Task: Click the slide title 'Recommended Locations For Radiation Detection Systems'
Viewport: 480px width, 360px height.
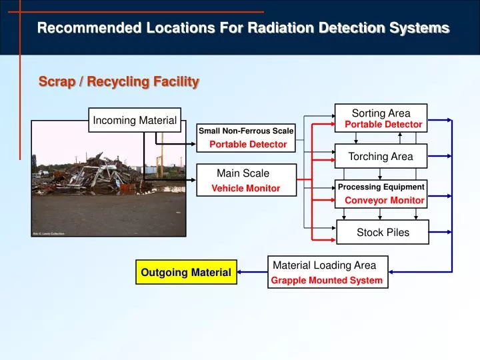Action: pyautogui.click(x=243, y=28)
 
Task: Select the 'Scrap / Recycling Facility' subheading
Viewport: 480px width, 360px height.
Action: pyautogui.click(x=119, y=82)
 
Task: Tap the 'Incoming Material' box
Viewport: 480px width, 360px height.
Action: pyautogui.click(x=135, y=121)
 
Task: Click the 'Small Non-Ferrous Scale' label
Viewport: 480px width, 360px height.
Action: pyautogui.click(x=246, y=131)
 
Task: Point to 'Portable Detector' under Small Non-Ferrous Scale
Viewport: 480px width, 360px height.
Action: pyautogui.click(x=248, y=144)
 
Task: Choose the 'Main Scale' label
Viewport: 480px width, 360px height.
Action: pyautogui.click(x=243, y=173)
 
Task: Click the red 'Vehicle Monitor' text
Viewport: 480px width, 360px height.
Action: pyautogui.click(x=245, y=189)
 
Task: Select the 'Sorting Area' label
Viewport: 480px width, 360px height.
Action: pyautogui.click(x=381, y=113)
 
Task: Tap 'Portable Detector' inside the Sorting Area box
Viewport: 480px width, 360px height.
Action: pyautogui.click(x=383, y=125)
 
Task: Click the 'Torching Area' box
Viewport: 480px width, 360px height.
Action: pyautogui.click(x=381, y=157)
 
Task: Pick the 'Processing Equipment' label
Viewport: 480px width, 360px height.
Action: pyautogui.click(x=381, y=187)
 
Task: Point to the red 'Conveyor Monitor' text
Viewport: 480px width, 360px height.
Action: pyautogui.click(x=384, y=200)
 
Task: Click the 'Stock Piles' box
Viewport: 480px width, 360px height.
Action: pyautogui.click(x=383, y=233)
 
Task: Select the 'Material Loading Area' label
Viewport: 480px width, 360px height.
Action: pyautogui.click(x=324, y=265)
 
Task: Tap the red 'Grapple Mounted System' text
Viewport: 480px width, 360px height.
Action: pyautogui.click(x=327, y=281)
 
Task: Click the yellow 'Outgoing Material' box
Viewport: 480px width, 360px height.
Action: pyautogui.click(x=186, y=272)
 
